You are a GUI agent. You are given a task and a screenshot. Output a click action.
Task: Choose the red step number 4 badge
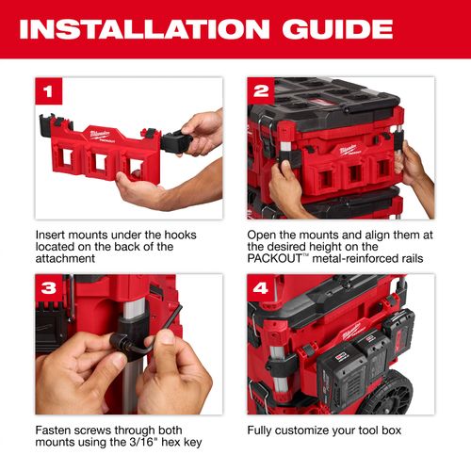point(259,287)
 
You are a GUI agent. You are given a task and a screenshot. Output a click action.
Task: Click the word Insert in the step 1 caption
point(52,233)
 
